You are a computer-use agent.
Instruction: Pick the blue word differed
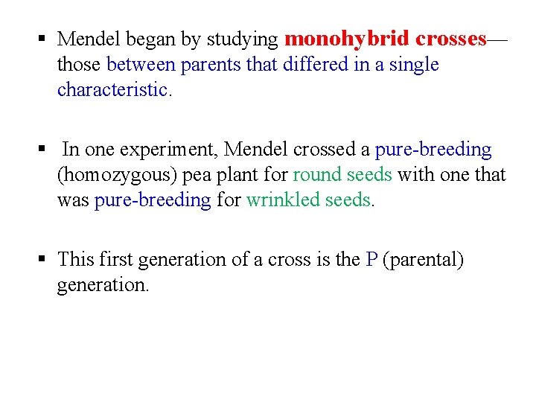(318, 65)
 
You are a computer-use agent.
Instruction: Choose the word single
(412, 65)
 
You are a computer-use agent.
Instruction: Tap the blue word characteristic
(112, 90)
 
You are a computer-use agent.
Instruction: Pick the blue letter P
(372, 260)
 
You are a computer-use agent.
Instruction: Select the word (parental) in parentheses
(423, 260)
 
